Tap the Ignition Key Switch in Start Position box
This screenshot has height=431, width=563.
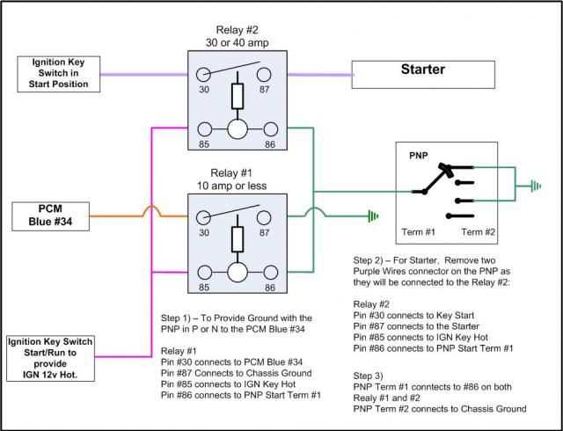(60, 69)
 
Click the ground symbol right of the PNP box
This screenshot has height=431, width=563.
(534, 186)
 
